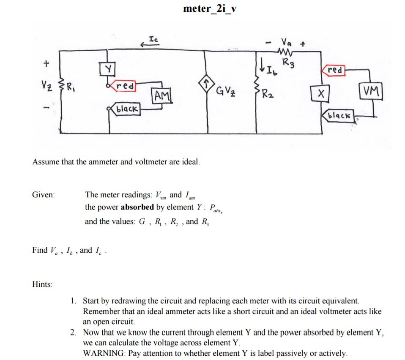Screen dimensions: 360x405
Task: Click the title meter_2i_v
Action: [x=210, y=9]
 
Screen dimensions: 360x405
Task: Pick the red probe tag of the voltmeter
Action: [x=334, y=70]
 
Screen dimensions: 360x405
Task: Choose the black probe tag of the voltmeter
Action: [x=339, y=115]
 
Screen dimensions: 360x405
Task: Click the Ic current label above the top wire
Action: [x=154, y=38]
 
